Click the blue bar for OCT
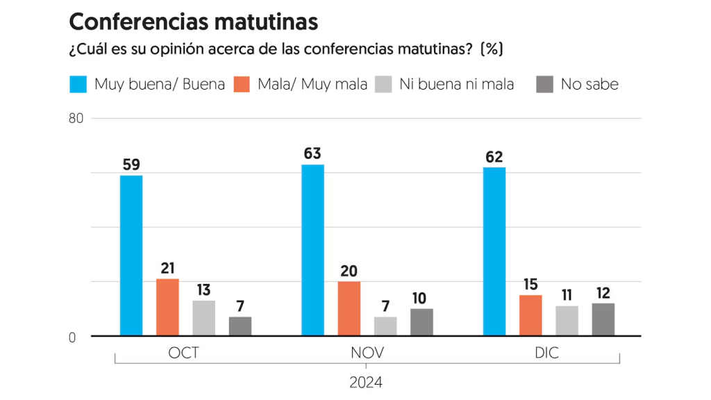point(131,256)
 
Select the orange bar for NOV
point(349,309)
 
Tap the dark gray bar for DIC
point(603,319)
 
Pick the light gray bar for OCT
point(203,318)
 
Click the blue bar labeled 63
point(312,250)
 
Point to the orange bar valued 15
point(530,315)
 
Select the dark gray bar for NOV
point(421,322)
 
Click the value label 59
point(131,165)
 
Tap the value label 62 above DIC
point(494,157)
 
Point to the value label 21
point(167,269)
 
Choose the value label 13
point(203,290)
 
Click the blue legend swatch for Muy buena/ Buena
point(78,85)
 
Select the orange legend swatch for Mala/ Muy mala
point(241,85)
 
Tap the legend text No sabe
point(589,85)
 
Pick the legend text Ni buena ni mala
point(457,85)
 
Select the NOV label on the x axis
point(366,353)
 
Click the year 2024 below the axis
point(366,382)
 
